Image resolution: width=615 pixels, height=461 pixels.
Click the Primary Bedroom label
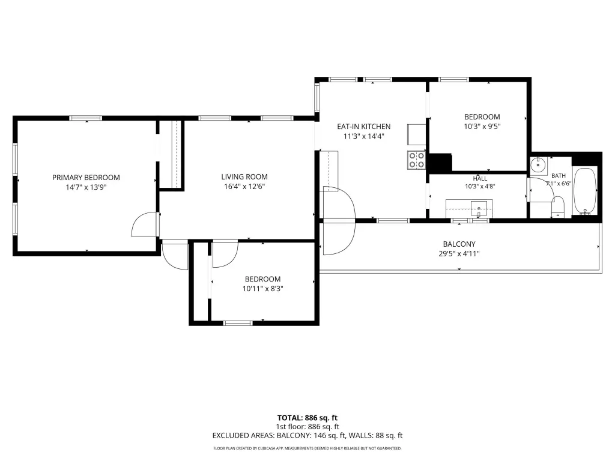pos(86,178)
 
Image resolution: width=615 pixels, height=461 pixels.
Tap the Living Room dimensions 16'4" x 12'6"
pos(244,187)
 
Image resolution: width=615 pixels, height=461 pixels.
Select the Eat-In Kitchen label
pos(364,127)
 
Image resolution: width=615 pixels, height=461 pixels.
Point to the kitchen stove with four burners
pos(417,160)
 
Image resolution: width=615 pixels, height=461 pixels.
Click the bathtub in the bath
pos(585,191)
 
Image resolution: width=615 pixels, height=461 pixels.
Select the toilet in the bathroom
pos(558,206)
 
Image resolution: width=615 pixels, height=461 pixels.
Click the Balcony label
pos(459,244)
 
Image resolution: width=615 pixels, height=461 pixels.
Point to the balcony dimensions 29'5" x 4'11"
pos(459,254)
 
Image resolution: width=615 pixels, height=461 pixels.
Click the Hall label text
pos(480,178)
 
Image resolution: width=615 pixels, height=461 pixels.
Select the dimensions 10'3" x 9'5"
pos(482,126)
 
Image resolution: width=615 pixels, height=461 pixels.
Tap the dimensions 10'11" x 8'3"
pos(263,289)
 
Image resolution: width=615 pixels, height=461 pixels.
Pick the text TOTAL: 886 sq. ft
pos(307,418)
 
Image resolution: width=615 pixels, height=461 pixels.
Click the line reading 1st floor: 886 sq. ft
pos(307,427)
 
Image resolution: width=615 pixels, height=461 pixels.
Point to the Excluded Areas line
pos(307,436)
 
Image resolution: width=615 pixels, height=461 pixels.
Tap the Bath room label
pos(559,176)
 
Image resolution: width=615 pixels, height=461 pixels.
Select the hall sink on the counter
pos(479,208)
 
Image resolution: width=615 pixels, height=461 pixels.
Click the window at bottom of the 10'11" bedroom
pos(238,323)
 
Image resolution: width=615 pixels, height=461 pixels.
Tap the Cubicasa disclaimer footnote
pos(307,448)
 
